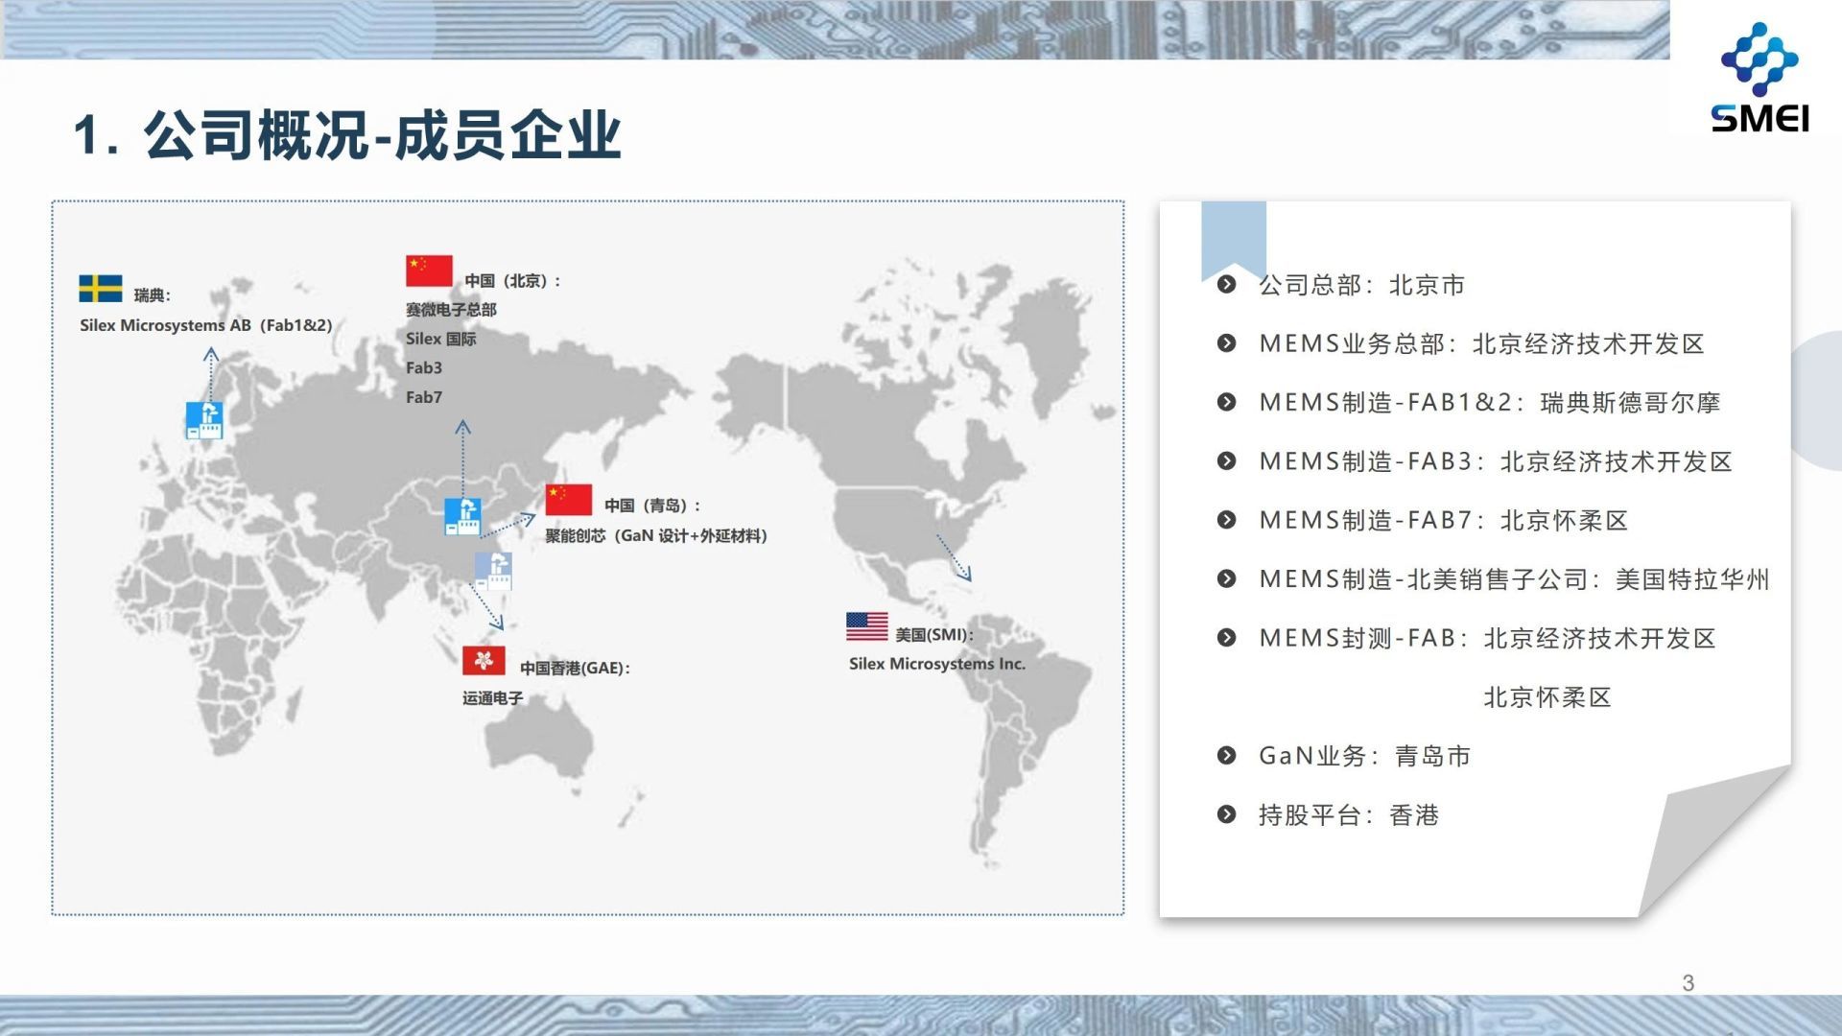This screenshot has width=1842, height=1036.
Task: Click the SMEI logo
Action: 1759,78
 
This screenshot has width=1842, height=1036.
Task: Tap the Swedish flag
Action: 101,289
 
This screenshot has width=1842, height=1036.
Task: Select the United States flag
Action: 866,626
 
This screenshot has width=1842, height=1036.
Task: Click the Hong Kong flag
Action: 484,660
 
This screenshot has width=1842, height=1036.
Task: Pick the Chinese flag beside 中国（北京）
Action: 429,271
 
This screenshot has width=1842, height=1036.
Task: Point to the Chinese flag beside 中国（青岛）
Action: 569,500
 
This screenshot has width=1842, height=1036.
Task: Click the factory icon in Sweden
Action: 204,420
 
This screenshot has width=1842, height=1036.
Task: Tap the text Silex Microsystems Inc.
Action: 937,664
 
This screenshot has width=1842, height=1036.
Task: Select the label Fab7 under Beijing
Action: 424,397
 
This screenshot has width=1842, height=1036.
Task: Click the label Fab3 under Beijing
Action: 424,367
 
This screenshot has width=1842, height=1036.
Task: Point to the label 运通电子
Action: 492,698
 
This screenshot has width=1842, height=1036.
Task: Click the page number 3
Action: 1688,983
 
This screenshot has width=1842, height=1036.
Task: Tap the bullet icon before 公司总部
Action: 1226,284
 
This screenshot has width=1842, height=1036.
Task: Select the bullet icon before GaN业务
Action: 1226,756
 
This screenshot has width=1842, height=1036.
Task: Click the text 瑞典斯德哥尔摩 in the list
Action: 1630,403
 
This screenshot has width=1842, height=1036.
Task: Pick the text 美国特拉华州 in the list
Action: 1692,579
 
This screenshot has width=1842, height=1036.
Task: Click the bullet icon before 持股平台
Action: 1226,814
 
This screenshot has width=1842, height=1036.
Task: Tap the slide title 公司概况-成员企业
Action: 383,134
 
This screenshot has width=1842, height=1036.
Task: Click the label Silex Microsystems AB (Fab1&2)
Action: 206,325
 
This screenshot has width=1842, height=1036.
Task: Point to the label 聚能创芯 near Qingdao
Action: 576,535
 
